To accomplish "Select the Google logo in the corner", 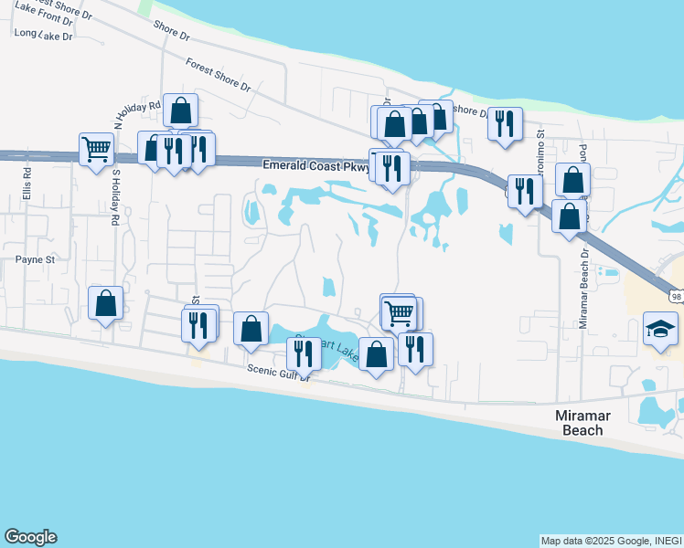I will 30,537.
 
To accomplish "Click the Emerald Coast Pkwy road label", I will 315,166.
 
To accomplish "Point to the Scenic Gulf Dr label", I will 280,370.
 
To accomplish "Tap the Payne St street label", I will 36,259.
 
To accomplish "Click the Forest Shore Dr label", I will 218,75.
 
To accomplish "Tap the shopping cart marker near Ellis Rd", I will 96,148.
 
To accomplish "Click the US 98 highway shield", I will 675,296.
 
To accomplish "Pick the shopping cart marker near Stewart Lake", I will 400,312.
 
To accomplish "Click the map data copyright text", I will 611,541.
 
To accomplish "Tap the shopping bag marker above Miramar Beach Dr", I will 572,179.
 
